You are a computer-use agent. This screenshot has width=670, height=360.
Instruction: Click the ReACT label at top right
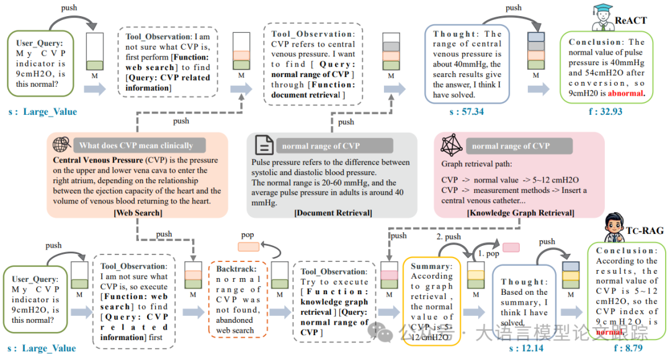[632, 20]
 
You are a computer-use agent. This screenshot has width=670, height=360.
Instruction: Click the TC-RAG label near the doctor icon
[645, 231]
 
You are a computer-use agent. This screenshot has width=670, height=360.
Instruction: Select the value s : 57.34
[466, 112]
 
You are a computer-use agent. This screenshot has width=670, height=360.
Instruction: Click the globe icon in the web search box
[61, 145]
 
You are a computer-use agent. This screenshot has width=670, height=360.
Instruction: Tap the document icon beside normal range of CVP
[264, 146]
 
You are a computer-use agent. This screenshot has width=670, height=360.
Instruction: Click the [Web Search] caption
[138, 213]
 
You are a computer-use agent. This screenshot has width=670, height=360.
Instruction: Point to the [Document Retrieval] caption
[333, 213]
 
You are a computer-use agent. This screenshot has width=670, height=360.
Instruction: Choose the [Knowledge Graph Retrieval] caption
[520, 213]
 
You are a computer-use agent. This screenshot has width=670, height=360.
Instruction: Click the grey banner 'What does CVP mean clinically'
[136, 146]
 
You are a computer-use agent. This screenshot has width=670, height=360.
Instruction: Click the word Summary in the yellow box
[430, 266]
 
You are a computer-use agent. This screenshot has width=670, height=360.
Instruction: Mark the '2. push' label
[448, 237]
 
